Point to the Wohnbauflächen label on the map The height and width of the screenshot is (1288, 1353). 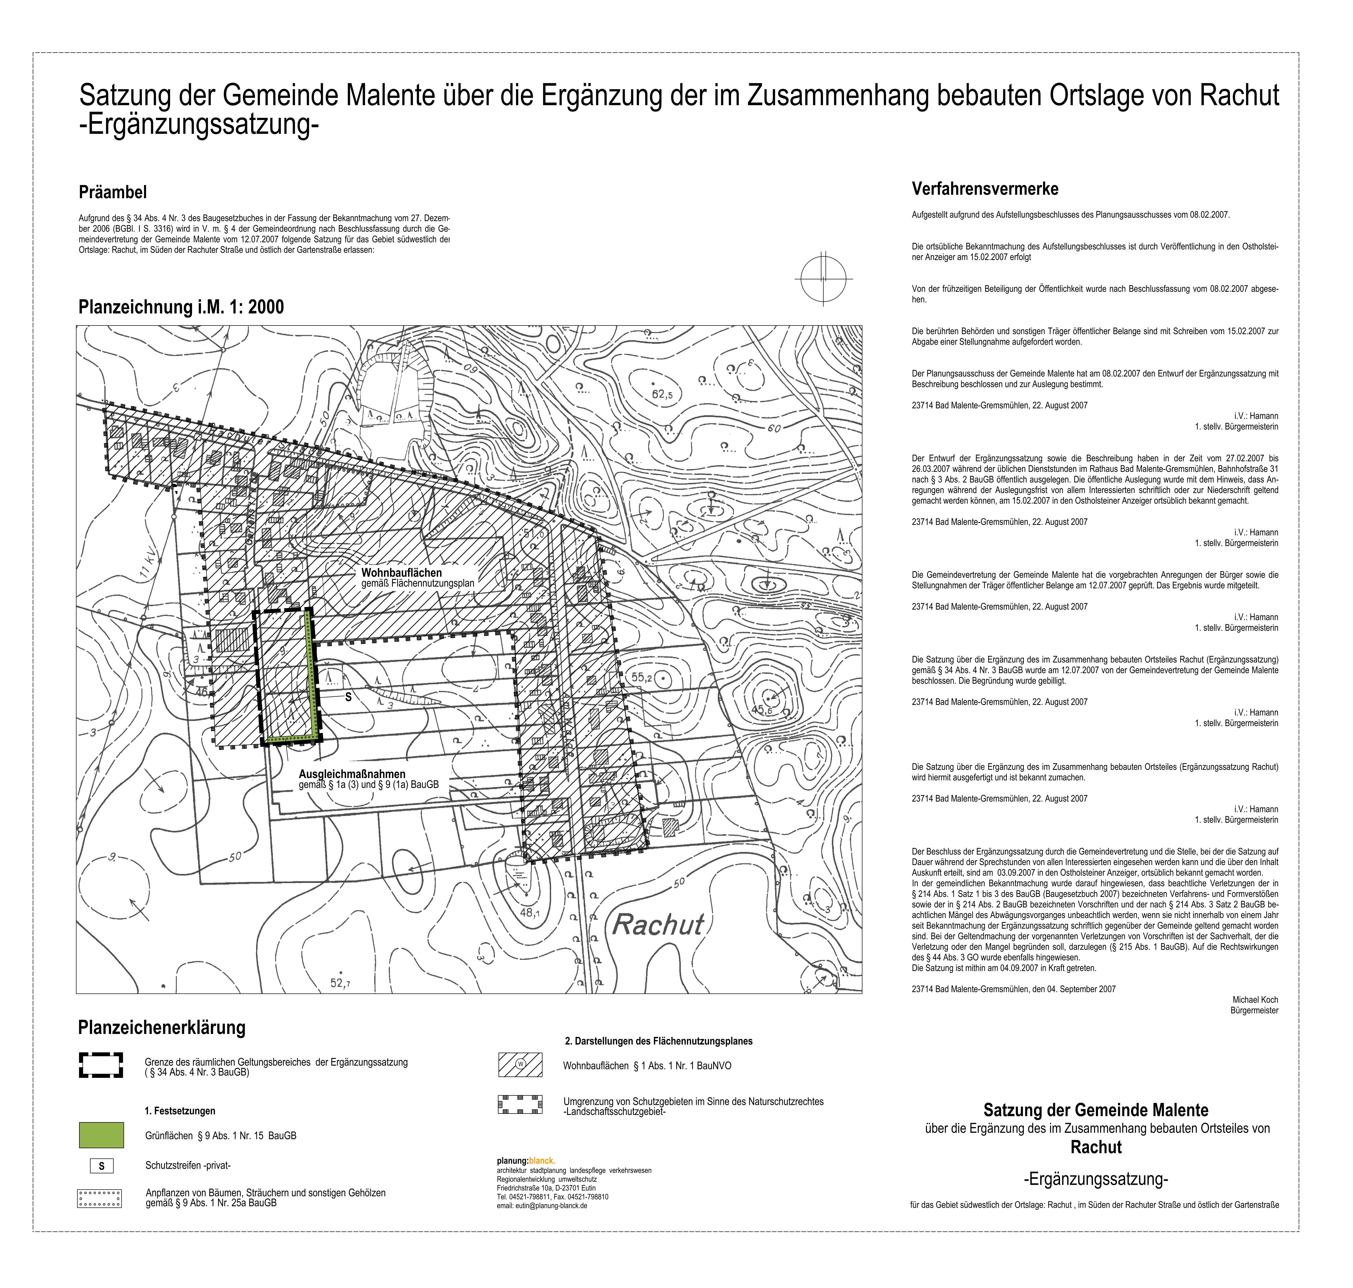(x=402, y=573)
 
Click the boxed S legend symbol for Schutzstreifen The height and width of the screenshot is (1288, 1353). (x=102, y=1166)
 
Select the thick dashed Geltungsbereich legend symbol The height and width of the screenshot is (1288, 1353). (x=101, y=1065)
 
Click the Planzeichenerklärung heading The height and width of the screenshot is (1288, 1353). (x=162, y=1028)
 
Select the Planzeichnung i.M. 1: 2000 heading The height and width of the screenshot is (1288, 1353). (x=181, y=307)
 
